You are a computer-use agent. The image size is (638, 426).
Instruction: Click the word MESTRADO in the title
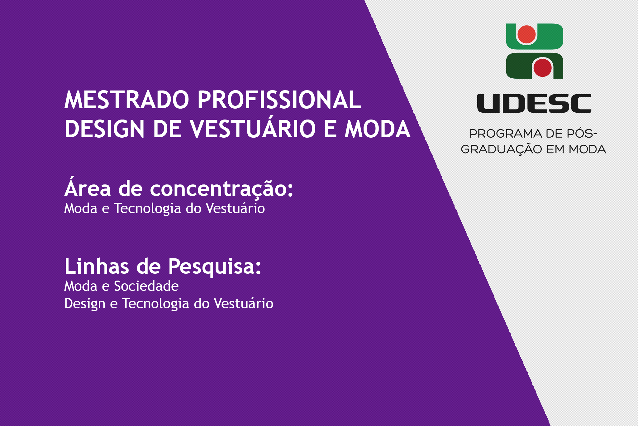[x=127, y=100]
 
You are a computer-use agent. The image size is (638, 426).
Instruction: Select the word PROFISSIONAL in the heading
[x=279, y=100]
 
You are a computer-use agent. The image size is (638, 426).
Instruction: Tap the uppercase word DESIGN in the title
[x=104, y=129]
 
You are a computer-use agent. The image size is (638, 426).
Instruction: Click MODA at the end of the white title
[x=378, y=129]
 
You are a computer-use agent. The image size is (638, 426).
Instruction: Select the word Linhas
[x=97, y=266]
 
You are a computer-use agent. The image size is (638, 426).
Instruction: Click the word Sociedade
[x=146, y=286]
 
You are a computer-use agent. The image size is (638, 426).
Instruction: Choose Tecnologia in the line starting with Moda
[x=147, y=209]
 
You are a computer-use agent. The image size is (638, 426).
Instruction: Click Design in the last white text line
[x=85, y=304]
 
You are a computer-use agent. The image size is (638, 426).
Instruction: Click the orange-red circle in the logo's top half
[x=526, y=34]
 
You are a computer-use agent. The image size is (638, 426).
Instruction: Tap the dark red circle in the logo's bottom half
[x=542, y=67]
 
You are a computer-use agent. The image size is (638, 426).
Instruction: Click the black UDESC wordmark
[x=534, y=103]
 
